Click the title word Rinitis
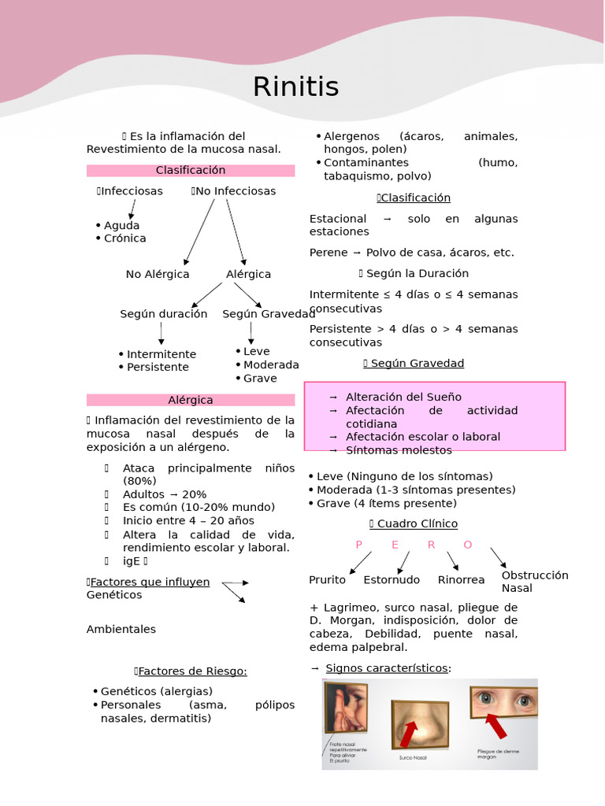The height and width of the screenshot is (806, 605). click(x=295, y=87)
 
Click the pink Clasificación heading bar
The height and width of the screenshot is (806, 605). click(x=191, y=170)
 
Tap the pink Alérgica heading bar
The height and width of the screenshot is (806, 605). click(x=191, y=400)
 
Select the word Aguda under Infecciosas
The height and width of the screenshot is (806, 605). click(x=121, y=225)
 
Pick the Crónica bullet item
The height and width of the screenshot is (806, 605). click(x=124, y=238)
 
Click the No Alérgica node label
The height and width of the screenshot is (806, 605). click(x=158, y=275)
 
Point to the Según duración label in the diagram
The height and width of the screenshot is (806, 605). click(x=164, y=314)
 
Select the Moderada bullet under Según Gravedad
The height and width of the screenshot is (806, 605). click(x=271, y=365)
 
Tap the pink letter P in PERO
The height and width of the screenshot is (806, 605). click(x=358, y=545)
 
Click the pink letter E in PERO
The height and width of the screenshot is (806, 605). click(x=395, y=545)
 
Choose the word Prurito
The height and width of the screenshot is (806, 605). click(x=327, y=580)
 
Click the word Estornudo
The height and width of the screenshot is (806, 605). click(x=392, y=580)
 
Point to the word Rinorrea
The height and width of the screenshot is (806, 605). click(x=461, y=580)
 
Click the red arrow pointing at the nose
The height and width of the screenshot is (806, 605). click(x=409, y=734)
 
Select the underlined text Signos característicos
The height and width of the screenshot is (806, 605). click(x=387, y=668)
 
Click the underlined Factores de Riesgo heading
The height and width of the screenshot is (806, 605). click(x=192, y=671)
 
